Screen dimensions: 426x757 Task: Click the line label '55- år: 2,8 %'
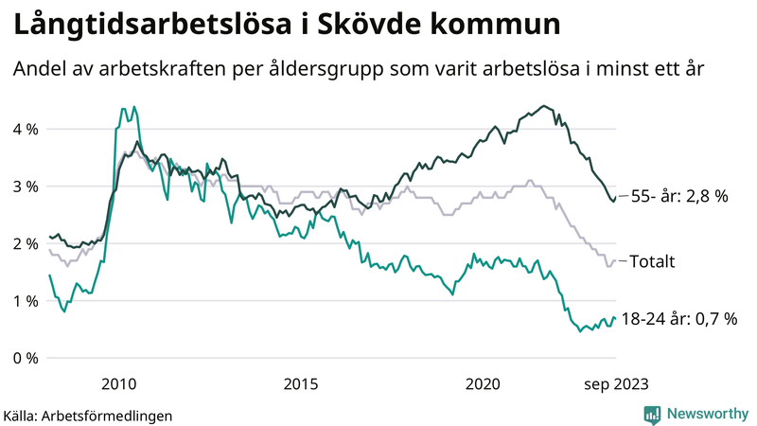[680, 197]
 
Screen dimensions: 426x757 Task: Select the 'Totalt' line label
[654, 260]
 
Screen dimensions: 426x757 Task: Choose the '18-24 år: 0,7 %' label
[679, 319]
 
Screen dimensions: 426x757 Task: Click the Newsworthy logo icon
[652, 414]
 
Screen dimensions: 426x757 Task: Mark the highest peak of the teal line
[134, 106]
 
